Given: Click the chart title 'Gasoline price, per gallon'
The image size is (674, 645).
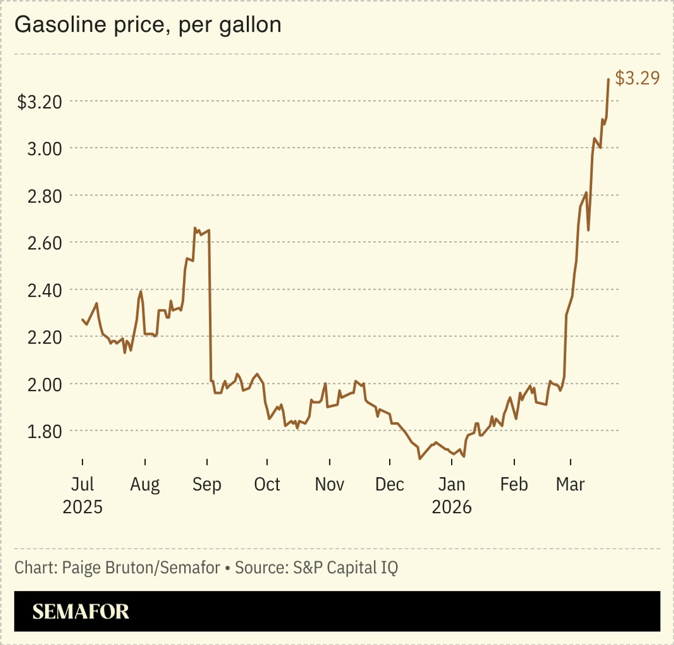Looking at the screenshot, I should (147, 25).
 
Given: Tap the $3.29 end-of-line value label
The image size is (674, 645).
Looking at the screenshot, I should (637, 78).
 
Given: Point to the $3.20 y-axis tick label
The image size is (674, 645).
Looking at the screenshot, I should (40, 102).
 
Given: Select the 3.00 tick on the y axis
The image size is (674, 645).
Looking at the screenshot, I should (44, 149).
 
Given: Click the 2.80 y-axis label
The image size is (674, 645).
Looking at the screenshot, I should (44, 196).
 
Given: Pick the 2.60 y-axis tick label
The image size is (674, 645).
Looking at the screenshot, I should (44, 243).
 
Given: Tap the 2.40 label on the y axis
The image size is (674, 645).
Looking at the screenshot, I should (44, 290).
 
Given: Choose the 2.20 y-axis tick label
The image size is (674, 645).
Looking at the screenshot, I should (44, 337).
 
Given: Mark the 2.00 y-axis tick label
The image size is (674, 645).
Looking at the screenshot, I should (44, 384).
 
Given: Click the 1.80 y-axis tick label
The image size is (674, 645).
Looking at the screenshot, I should (44, 431).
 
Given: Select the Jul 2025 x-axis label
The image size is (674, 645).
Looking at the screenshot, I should (82, 495).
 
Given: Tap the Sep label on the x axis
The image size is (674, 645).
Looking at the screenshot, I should (207, 485).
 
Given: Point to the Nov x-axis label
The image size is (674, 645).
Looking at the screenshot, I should (329, 485).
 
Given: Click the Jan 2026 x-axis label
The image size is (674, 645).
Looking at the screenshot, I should (452, 495).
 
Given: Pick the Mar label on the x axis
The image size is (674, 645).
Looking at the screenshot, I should (570, 485).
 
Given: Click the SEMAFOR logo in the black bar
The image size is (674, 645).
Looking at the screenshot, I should (81, 612).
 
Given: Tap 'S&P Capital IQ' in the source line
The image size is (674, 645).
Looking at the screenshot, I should (345, 567).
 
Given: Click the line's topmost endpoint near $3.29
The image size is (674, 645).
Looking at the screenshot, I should (608, 79).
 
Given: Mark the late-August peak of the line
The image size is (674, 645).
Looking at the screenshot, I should (195, 228).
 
